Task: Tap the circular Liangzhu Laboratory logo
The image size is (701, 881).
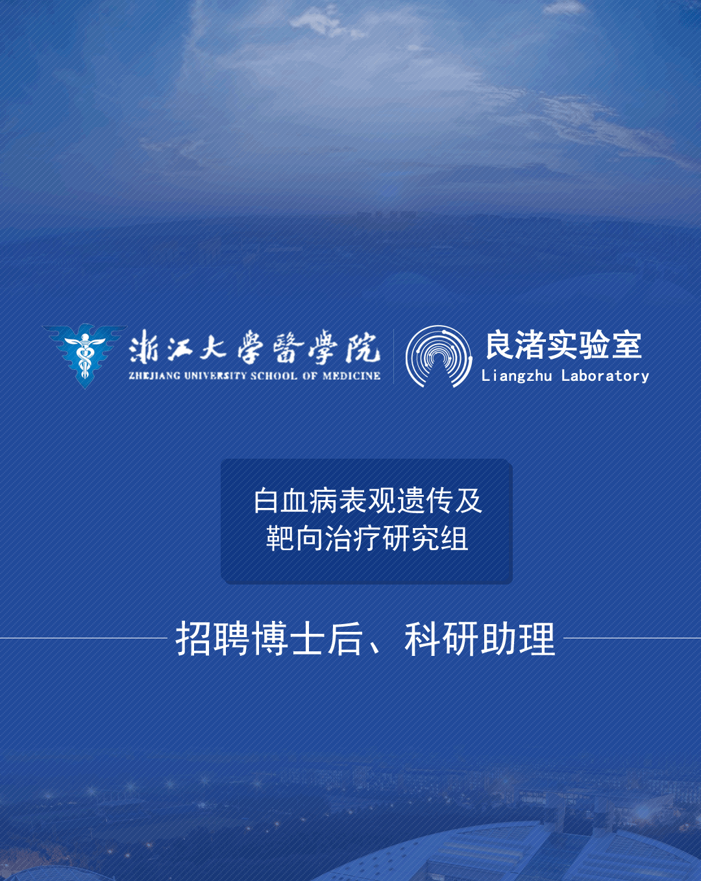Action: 438,356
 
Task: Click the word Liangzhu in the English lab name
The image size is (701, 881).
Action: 517,376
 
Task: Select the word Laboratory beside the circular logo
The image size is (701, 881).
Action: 605,376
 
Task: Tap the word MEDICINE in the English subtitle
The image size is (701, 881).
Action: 351,376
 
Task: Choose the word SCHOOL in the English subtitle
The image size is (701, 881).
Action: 274,376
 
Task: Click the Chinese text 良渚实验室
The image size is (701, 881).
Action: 564,345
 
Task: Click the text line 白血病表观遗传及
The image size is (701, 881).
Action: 367,501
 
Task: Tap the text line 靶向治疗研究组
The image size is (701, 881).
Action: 367,538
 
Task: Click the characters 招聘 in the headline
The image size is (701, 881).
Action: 212,638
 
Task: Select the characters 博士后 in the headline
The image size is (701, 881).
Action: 307,638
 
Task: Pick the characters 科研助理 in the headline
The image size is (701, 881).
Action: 480,638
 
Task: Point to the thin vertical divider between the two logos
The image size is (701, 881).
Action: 394,356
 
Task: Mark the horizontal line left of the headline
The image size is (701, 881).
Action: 84,638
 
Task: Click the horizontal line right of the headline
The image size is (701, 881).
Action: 632,638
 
